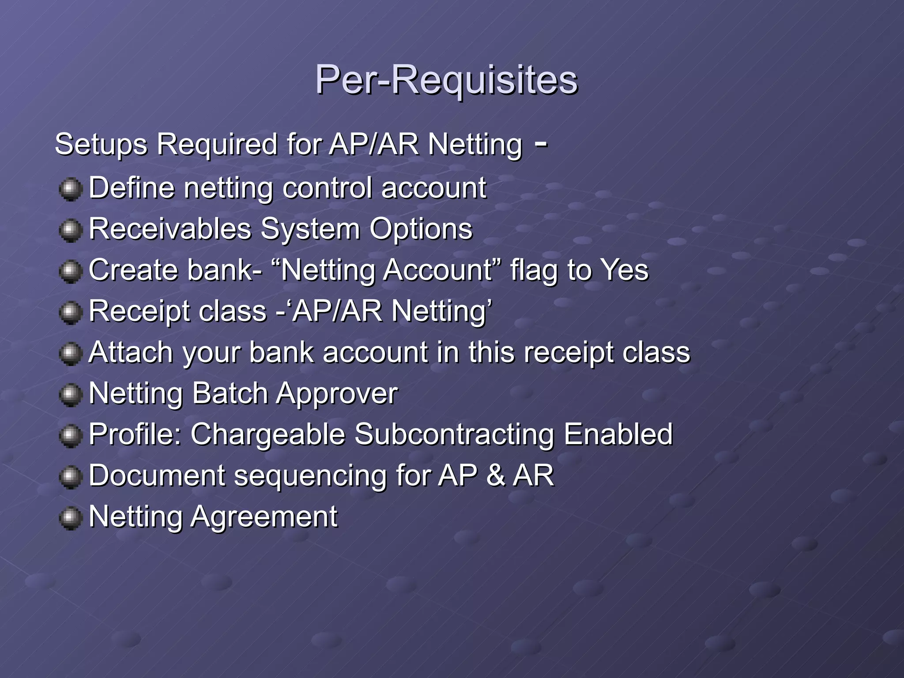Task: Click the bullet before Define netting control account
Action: [71, 189]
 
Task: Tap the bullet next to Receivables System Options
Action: [71, 230]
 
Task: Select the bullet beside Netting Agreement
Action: [71, 518]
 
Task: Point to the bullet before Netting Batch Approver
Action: [71, 395]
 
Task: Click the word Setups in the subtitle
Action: [101, 145]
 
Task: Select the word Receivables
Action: [170, 229]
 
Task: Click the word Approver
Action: [337, 394]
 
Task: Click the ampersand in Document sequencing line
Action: [495, 475]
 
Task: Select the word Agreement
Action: [264, 516]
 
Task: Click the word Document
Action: [157, 475]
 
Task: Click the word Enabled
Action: [618, 434]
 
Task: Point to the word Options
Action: [421, 229]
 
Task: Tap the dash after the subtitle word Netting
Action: [541, 143]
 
